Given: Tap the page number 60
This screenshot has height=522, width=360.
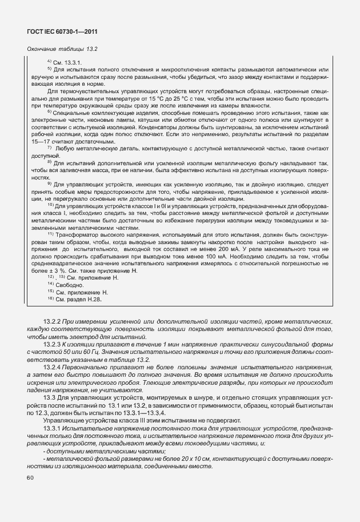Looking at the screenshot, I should [29, 477].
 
